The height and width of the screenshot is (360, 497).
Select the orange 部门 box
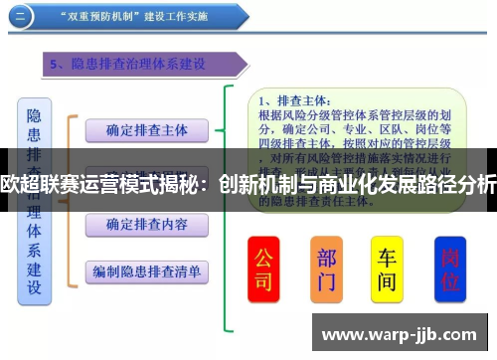pyautogui.click(x=325, y=268)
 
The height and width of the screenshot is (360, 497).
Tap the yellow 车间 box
pyautogui.click(x=387, y=268)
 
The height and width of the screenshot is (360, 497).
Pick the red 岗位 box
pyautogui.click(x=450, y=268)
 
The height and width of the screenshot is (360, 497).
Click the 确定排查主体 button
pyautogui.click(x=146, y=129)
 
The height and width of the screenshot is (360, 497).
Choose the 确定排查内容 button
pyautogui.click(x=146, y=224)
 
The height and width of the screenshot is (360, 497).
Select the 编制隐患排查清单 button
pyautogui.click(x=146, y=270)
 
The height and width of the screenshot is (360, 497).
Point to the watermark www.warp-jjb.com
pyautogui.click(x=398, y=334)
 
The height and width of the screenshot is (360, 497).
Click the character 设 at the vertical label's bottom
pyautogui.click(x=35, y=288)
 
